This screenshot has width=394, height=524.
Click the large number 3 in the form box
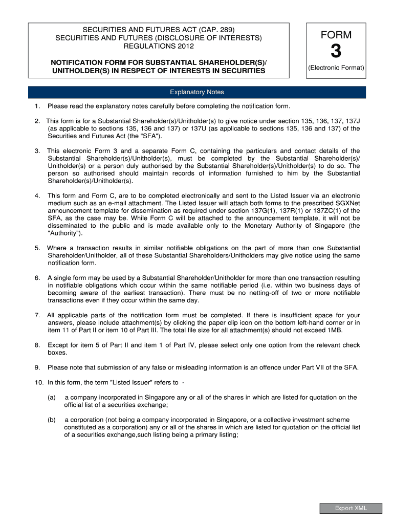click(x=336, y=52)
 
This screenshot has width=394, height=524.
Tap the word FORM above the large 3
click(x=336, y=35)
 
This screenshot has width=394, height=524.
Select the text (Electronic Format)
click(x=336, y=68)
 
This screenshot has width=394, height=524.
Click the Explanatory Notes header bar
click(x=197, y=92)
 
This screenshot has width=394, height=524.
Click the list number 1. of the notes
click(x=37, y=106)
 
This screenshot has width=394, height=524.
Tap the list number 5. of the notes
click(x=37, y=248)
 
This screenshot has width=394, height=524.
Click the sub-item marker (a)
click(x=52, y=397)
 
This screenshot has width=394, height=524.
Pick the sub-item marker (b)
click(x=52, y=420)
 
